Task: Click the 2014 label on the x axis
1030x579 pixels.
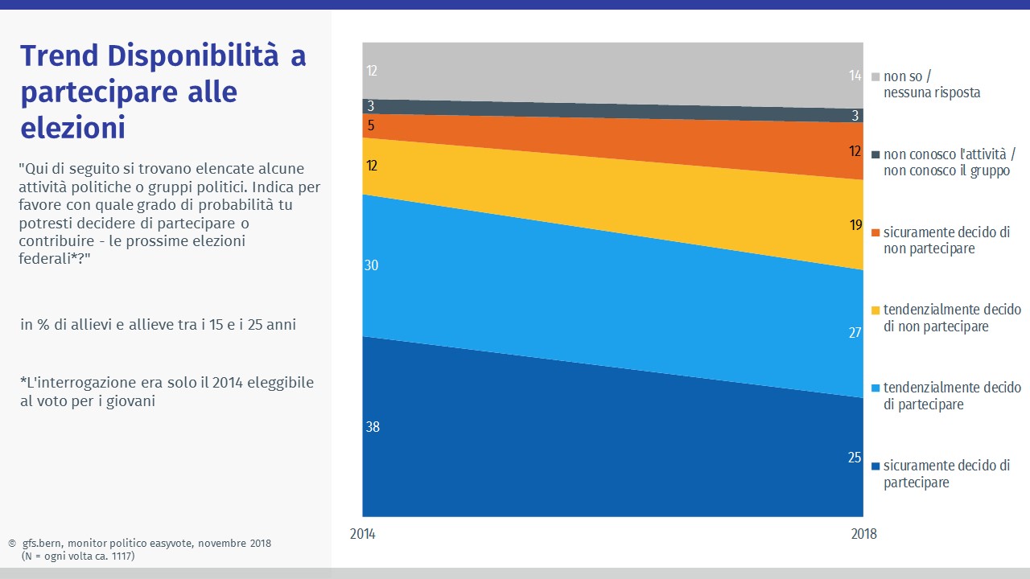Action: coord(363,534)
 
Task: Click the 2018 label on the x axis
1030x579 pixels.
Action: coord(863,534)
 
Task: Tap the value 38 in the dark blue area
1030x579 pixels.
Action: coord(372,427)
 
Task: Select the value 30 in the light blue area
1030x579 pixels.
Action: coord(371,265)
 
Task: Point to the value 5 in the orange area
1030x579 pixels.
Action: coord(372,125)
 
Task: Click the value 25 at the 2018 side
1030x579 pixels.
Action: coord(855,458)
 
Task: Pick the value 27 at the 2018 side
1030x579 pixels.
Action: coord(855,332)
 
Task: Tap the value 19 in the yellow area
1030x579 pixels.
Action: coord(855,225)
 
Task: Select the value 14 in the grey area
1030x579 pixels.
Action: coord(855,76)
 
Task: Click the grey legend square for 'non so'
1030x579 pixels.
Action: coord(876,77)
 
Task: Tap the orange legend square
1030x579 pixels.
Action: coord(876,232)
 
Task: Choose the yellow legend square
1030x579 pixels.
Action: coord(876,310)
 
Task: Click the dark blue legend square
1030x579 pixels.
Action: coord(876,466)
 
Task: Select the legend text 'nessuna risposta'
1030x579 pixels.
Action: coord(932,92)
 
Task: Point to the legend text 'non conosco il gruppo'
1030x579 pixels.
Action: coord(946,170)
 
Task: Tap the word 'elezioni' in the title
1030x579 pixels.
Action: coord(72,128)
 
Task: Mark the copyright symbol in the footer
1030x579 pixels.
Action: coord(11,544)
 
